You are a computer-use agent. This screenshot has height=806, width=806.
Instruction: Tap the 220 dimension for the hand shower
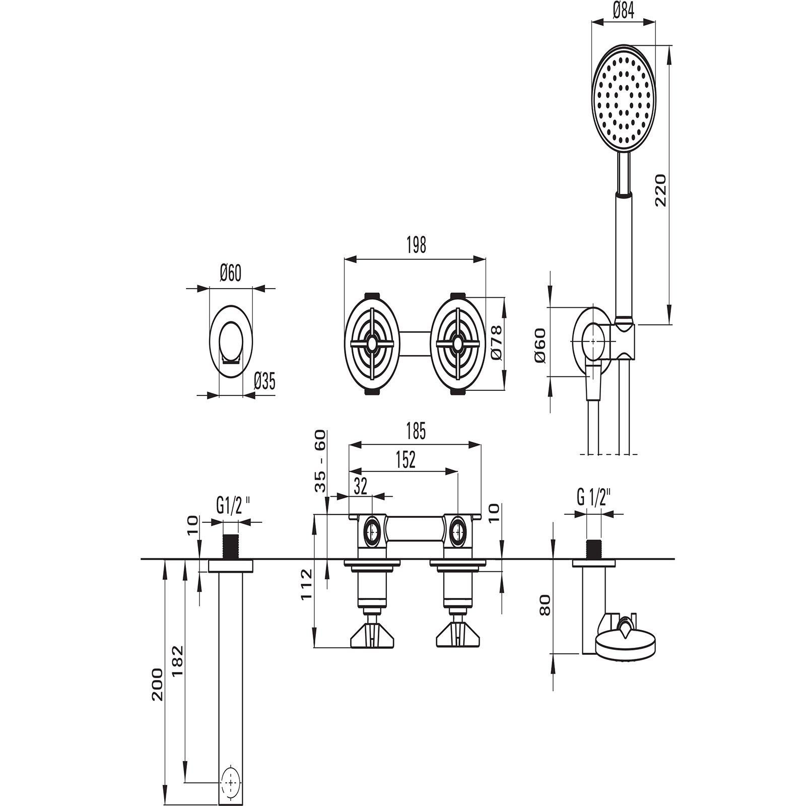coord(660,189)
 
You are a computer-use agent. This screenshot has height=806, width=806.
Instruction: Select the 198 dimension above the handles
coord(416,245)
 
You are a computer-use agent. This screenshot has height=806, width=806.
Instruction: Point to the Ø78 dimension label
coord(496,342)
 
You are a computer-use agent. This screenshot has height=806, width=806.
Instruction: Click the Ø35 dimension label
coord(264,381)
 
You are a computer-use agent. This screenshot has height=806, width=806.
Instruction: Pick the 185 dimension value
coord(416,432)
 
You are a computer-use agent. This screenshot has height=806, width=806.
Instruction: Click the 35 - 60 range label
coord(320,460)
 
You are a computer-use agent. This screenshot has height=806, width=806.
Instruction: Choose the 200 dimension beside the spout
coord(157,684)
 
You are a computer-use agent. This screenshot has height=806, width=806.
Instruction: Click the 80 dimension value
coord(545,604)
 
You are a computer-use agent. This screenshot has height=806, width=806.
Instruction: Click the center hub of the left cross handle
coord(372,344)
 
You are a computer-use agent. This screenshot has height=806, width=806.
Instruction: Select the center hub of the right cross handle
coord(457,344)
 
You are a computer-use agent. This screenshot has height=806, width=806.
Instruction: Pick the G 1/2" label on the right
coord(593,498)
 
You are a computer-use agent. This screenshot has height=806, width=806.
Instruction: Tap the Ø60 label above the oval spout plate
coord(230,274)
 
